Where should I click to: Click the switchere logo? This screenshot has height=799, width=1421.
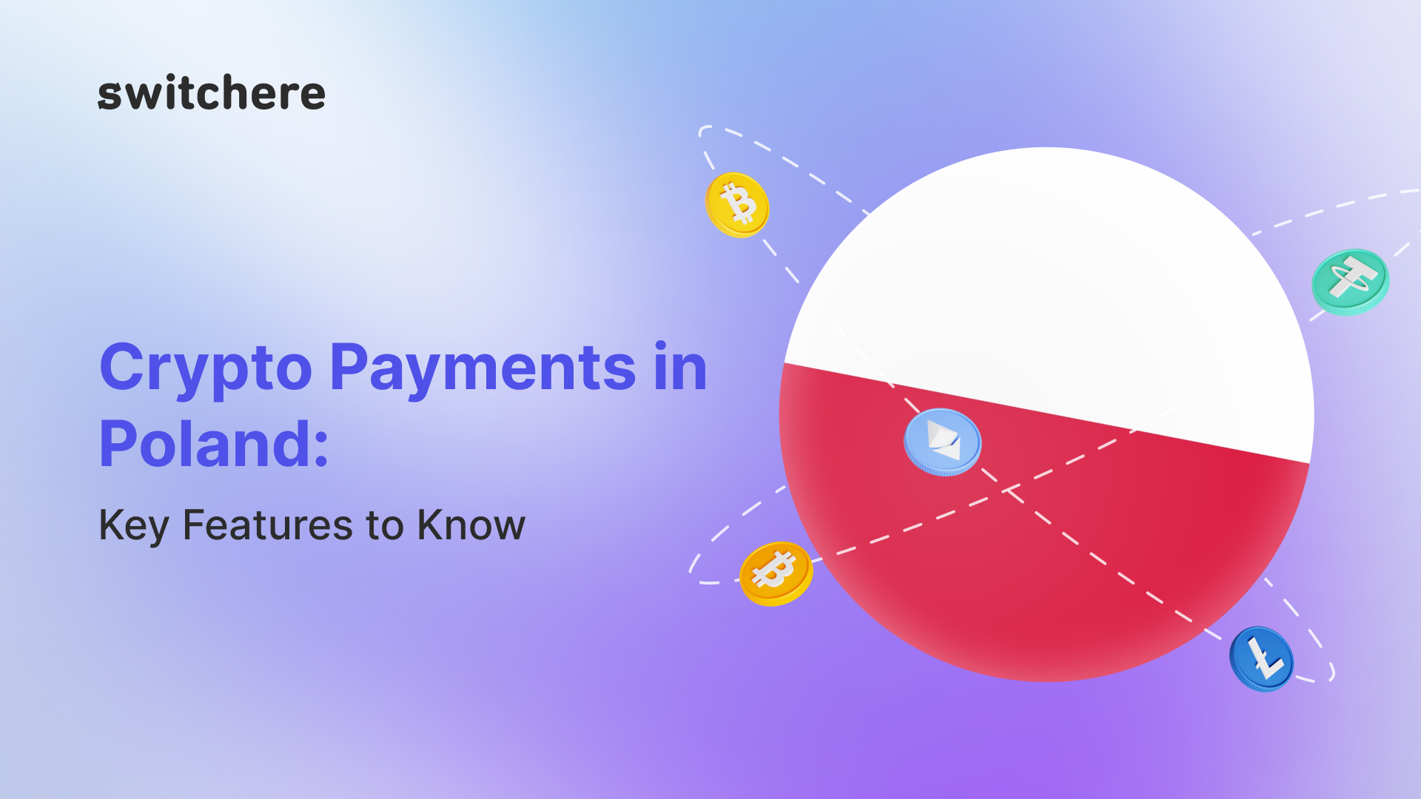coord(212,93)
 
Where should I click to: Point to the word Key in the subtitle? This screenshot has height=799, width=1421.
coord(134,526)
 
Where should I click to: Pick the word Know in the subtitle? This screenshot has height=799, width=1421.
coord(471,525)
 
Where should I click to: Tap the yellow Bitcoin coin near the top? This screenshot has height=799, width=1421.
coord(737,205)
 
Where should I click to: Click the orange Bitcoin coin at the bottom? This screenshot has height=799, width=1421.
coord(776,574)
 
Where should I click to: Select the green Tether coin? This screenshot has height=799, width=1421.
coord(1351,282)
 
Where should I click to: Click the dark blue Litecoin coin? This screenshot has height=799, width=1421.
coord(1262,659)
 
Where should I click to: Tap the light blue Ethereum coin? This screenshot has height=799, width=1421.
coord(942,442)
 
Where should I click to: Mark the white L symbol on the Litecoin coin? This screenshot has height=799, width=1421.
coord(1265,658)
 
